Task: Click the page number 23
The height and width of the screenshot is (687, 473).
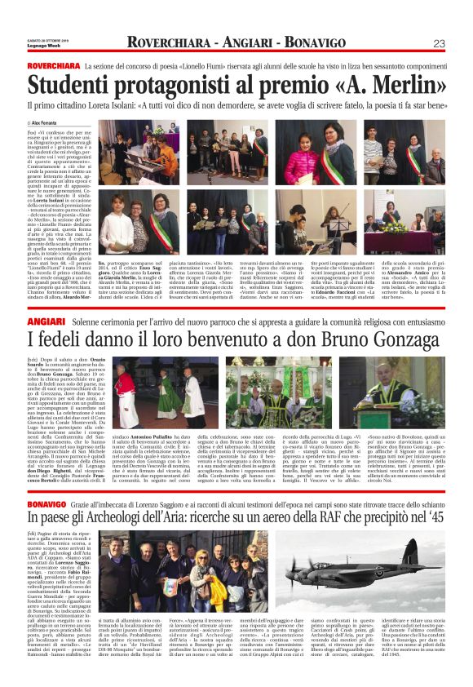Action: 439,43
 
